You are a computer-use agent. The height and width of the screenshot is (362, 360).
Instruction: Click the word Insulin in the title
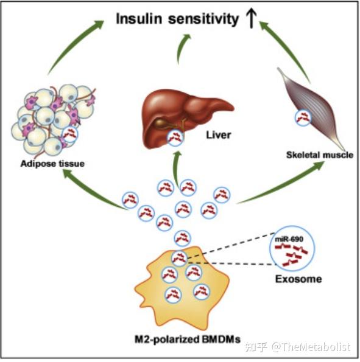pyautogui.click(x=139, y=19)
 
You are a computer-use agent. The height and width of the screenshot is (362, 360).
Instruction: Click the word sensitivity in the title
pyautogui.click(x=203, y=19)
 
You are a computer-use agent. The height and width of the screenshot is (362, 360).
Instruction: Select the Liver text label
pyautogui.click(x=218, y=135)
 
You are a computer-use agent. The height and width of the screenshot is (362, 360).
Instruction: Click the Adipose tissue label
pyautogui.click(x=52, y=164)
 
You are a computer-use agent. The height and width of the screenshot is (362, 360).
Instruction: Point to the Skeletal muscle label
pyautogui.click(x=320, y=155)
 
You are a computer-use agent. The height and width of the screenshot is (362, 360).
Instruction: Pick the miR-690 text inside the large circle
pyautogui.click(x=289, y=239)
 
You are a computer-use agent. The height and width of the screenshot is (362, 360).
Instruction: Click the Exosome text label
pyautogui.click(x=298, y=279)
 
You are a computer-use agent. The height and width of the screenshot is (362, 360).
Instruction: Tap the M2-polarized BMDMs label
pyautogui.click(x=187, y=339)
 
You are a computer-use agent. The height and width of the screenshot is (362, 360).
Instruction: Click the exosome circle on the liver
pyautogui.click(x=175, y=138)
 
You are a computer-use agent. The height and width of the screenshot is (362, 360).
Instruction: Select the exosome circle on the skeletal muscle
pyautogui.click(x=303, y=118)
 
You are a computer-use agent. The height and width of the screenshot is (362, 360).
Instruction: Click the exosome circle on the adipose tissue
pyautogui.click(x=70, y=134)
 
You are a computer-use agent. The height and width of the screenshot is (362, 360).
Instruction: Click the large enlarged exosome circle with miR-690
pyautogui.click(x=292, y=248)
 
